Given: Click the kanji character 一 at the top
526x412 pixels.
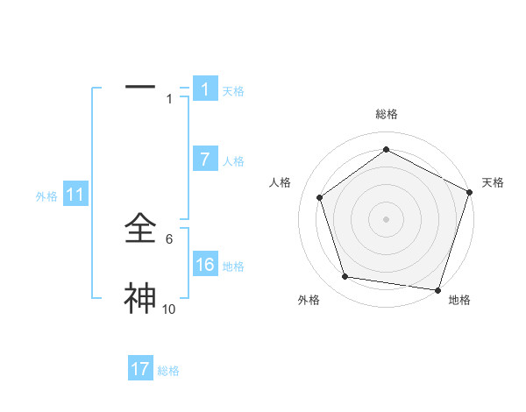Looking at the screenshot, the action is click(140, 87).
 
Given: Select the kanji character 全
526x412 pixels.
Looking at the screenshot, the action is click(141, 230).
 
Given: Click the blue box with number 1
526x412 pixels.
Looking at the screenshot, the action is click(205, 89).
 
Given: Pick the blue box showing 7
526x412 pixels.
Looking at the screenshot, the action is click(205, 160).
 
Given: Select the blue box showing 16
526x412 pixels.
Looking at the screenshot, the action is click(205, 265).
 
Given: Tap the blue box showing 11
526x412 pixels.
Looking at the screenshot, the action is click(75, 195).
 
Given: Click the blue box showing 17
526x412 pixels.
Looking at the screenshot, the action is click(140, 369).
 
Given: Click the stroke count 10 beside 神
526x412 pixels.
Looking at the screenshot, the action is click(168, 309).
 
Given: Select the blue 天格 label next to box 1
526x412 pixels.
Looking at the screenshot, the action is click(233, 90).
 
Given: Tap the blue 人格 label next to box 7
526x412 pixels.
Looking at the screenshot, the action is click(233, 160).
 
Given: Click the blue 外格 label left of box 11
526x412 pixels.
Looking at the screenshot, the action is click(46, 196).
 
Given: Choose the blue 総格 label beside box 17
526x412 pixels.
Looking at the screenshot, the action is click(168, 370).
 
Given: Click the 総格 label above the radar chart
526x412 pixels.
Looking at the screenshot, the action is click(386, 114).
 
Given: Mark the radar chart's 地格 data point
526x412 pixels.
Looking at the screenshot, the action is click(437, 289).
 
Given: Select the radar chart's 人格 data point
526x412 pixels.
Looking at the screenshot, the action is click(320, 197).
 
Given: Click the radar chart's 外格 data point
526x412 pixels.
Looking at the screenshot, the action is click(345, 277).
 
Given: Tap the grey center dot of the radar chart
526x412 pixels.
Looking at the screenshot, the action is click(386, 218).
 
